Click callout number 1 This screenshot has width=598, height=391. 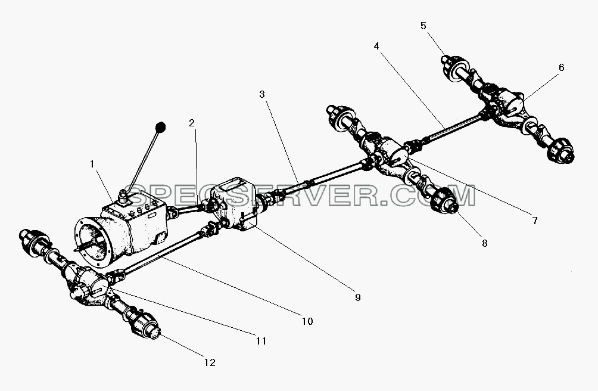(92, 164)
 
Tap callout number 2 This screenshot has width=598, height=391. (191, 123)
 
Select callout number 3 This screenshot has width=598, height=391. (262, 94)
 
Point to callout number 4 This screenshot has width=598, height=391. (376, 46)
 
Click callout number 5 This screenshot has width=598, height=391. (423, 26)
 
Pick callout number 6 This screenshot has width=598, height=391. (562, 67)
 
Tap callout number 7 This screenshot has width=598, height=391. (535, 221)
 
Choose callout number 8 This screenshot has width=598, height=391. (485, 243)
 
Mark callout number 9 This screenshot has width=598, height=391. (358, 297)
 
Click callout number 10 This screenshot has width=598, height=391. (307, 322)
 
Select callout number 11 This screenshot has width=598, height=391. (261, 341)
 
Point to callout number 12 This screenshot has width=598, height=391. (210, 362)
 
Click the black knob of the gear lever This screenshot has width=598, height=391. (161, 127)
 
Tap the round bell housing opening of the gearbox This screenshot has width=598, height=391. (92, 238)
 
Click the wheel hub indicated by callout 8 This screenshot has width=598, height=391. (445, 200)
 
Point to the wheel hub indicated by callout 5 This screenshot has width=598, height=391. (454, 68)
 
